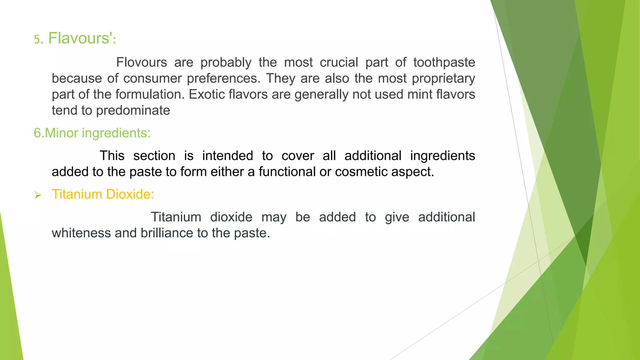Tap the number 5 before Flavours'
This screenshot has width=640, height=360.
[37, 40]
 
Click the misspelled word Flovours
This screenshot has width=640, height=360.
[142, 62]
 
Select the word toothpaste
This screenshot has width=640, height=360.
[444, 62]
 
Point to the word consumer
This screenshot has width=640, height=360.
[152, 78]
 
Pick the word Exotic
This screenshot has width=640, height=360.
[207, 94]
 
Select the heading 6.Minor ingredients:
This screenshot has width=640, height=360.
[92, 133]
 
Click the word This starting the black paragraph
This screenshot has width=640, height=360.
[112, 156]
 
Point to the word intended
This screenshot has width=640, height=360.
[227, 156]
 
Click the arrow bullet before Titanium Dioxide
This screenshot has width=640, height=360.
[38, 195]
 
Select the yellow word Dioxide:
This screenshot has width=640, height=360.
[130, 194]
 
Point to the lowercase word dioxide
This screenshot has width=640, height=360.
[231, 217]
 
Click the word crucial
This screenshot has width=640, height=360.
[339, 62]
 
